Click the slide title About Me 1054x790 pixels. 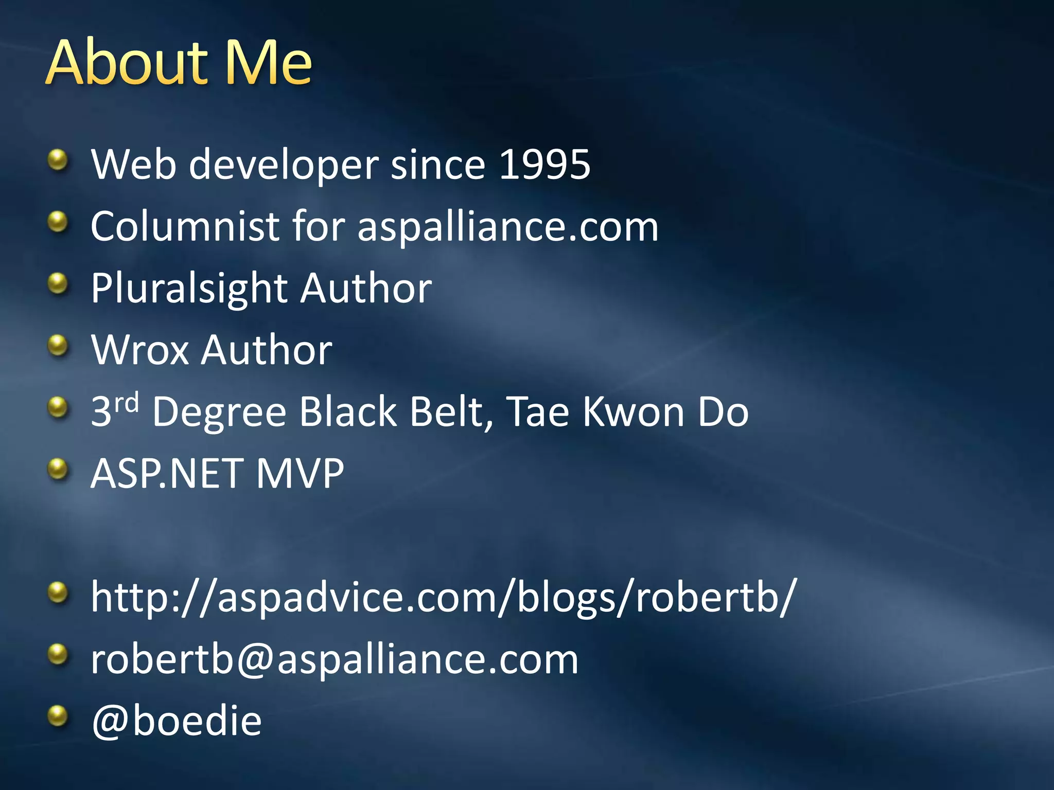coord(179,63)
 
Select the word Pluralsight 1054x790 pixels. coord(188,289)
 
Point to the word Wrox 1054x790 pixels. coord(140,350)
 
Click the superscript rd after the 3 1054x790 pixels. coord(127,403)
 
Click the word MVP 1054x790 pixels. coord(300,474)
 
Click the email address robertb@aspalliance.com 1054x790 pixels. coord(335,659)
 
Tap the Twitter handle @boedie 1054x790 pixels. coord(177,721)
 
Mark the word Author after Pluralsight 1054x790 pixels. coord(366,289)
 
